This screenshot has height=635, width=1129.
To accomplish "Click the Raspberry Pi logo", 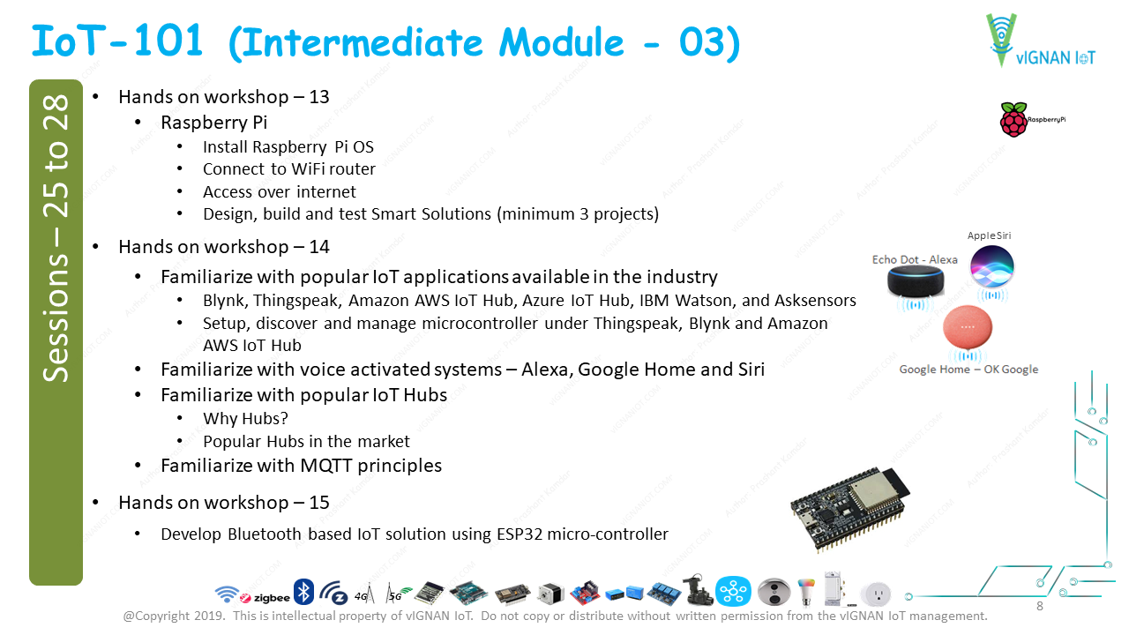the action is pyautogui.click(x=1032, y=119).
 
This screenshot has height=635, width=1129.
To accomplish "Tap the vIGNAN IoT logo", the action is pyautogui.click(x=1040, y=41).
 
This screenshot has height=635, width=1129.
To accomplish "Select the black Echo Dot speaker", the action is pyautogui.click(x=916, y=281).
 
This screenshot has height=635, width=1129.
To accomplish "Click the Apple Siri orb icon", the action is pyautogui.click(x=991, y=266).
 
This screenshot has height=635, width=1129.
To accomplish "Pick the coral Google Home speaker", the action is pyautogui.click(x=968, y=326).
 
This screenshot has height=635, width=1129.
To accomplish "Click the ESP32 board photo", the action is pyautogui.click(x=850, y=509).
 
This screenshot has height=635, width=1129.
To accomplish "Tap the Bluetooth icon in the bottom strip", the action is pyautogui.click(x=303, y=592).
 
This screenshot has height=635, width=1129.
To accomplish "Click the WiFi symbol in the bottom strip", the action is pyautogui.click(x=227, y=594).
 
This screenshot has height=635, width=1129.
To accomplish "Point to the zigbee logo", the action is pyautogui.click(x=265, y=598).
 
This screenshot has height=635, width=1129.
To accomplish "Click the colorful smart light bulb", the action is pyautogui.click(x=806, y=592).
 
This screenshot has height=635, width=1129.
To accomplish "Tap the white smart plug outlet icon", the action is pyautogui.click(x=876, y=594).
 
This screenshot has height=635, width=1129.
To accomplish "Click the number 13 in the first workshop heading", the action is pyautogui.click(x=319, y=97).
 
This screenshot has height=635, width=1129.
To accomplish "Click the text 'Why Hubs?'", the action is pyautogui.click(x=245, y=418).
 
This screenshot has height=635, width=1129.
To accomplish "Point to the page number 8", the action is pyautogui.click(x=1039, y=606).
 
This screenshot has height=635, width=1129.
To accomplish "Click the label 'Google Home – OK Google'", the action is pyautogui.click(x=968, y=370).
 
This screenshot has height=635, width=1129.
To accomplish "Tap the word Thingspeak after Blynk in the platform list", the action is pyautogui.click(x=297, y=301).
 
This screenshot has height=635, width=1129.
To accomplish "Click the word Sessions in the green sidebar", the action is pyautogui.click(x=56, y=318).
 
